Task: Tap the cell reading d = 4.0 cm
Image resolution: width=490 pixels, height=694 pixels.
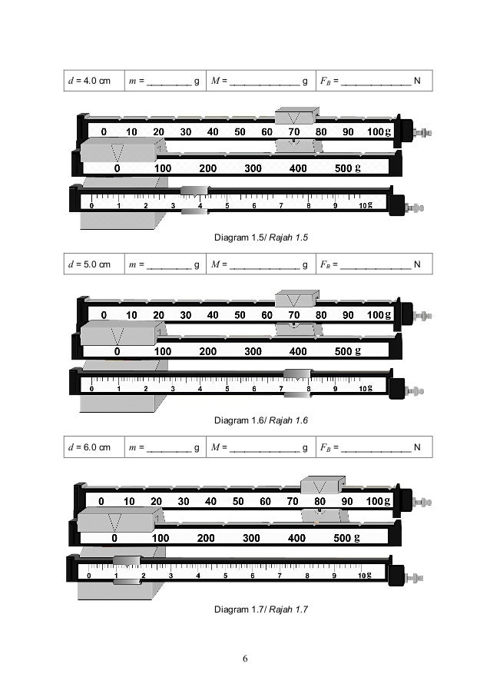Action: (91, 80)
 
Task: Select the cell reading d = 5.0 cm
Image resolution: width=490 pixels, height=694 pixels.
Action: (91, 265)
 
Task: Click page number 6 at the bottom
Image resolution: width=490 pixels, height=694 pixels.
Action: (245, 659)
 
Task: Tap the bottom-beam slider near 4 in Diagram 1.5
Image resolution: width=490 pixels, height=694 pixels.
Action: (194, 198)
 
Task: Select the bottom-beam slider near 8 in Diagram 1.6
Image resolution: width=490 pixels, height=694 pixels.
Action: (297, 382)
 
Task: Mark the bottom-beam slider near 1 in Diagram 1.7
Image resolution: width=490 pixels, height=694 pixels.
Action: (127, 569)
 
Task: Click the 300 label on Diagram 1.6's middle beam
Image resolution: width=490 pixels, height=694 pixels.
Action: (253, 352)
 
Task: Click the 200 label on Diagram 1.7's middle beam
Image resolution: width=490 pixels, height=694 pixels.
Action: (205, 539)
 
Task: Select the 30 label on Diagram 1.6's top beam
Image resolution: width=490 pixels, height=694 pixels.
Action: (186, 315)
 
